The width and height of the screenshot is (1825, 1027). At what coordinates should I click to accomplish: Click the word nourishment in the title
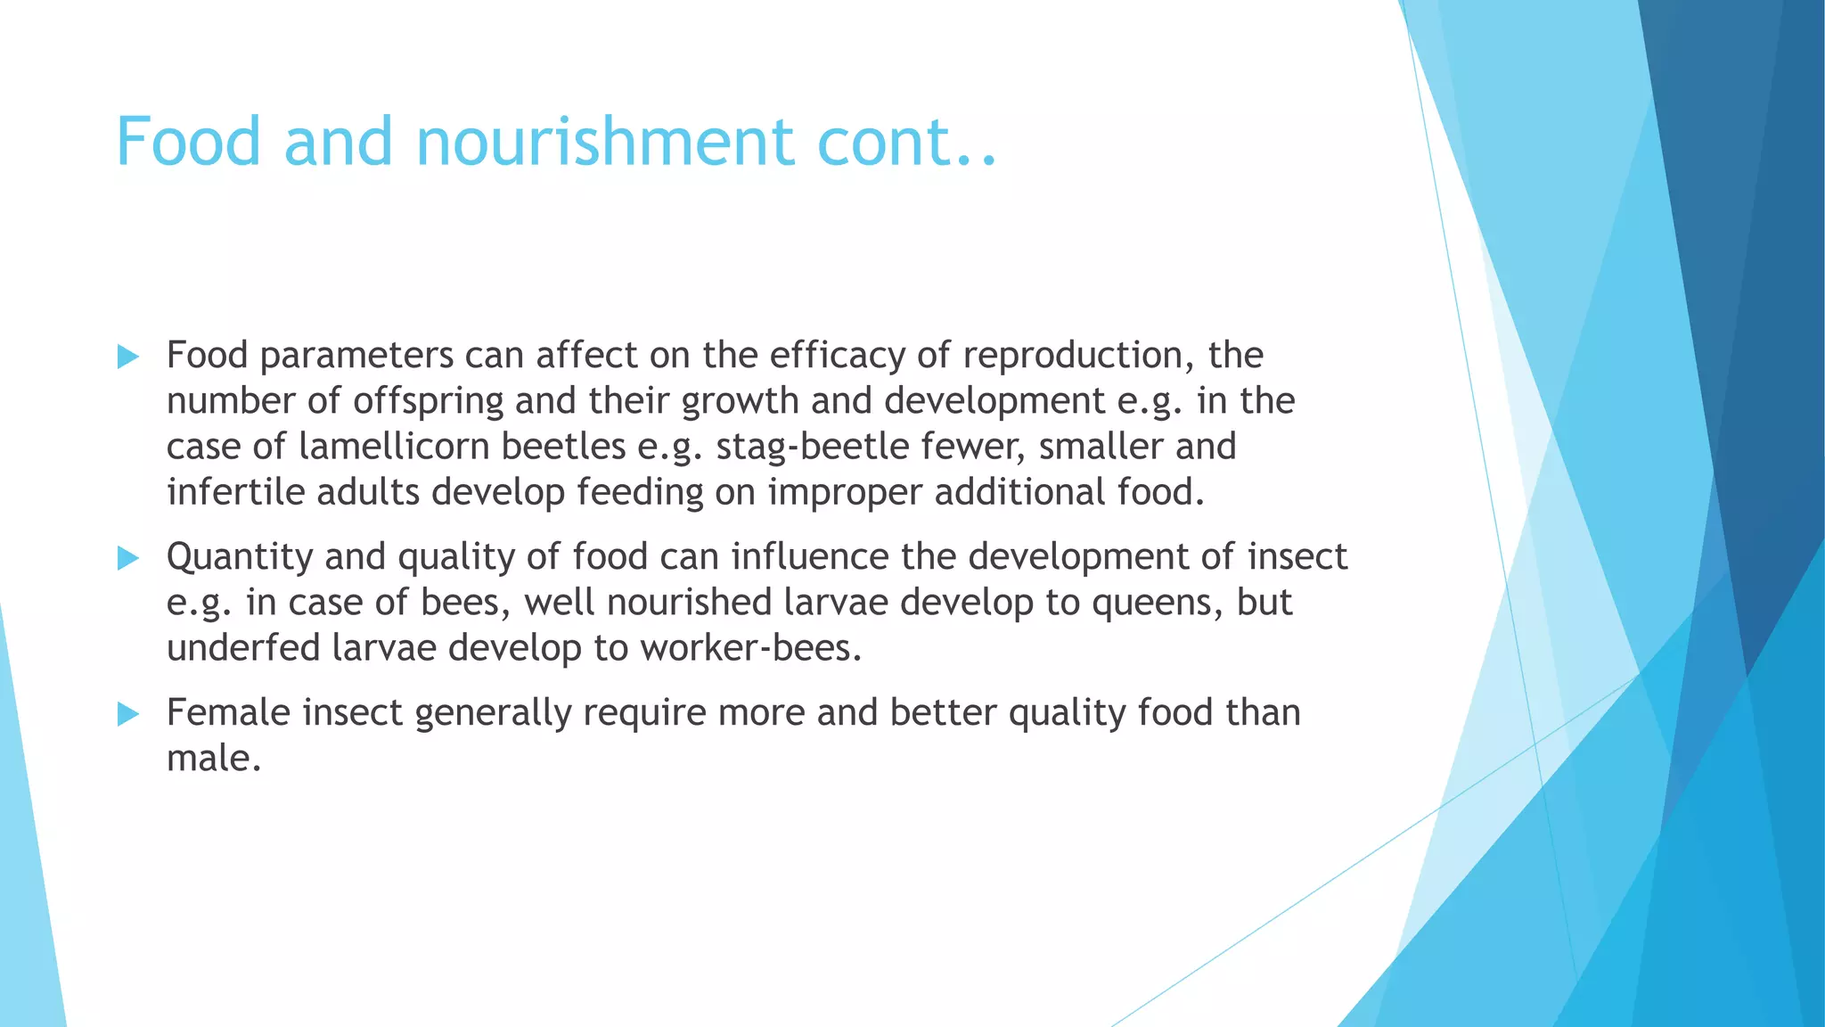click(604, 143)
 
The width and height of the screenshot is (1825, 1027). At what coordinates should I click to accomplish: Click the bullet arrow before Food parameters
click(128, 357)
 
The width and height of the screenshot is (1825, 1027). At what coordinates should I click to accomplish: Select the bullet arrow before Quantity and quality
click(128, 559)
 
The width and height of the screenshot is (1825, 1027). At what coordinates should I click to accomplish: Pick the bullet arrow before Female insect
click(128, 714)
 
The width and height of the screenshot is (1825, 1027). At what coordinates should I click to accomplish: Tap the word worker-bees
click(750, 649)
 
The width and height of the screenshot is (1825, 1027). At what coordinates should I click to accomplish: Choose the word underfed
click(243, 649)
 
